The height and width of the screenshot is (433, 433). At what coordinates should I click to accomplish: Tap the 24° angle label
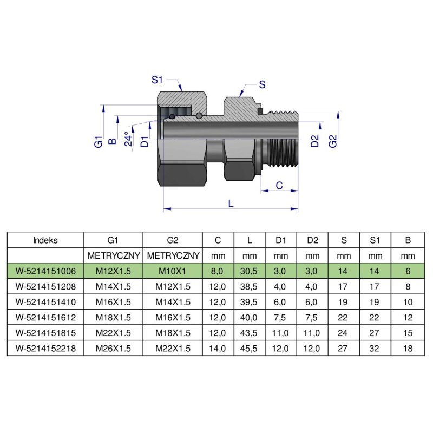click(128, 140)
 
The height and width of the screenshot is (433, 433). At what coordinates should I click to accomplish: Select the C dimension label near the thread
click(279, 185)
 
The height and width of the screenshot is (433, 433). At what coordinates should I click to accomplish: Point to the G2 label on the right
click(333, 141)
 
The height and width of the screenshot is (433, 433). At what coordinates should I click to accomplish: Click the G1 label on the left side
click(98, 143)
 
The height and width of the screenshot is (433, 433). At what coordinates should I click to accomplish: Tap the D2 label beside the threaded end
click(315, 142)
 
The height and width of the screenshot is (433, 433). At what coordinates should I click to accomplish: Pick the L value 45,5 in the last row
click(250, 349)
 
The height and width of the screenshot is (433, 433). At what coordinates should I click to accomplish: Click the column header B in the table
click(408, 240)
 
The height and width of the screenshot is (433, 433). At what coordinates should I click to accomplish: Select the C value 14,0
click(218, 349)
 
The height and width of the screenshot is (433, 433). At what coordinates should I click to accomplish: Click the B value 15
click(408, 333)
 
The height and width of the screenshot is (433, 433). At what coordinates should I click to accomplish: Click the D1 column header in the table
click(281, 240)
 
